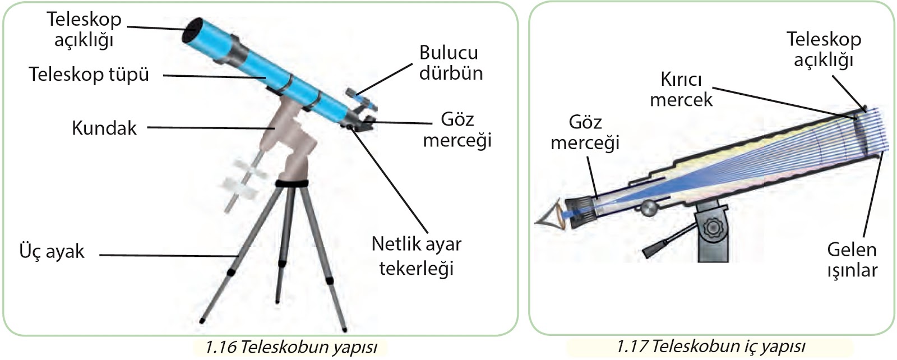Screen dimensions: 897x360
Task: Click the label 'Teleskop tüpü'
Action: [89, 74]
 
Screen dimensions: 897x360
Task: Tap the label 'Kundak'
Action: [104, 128]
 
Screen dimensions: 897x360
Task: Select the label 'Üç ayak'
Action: [52, 251]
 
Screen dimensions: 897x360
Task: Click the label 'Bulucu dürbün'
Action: [450, 62]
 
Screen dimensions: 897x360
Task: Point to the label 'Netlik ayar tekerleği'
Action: [416, 256]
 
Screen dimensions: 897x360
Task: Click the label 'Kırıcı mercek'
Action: [681, 89]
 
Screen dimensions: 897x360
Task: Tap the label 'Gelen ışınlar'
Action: [852, 259]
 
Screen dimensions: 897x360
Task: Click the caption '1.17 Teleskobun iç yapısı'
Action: [710, 346]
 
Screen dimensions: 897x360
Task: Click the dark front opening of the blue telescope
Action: [192, 31]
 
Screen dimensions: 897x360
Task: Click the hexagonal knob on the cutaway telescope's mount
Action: [713, 228]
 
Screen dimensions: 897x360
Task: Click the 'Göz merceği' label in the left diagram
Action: [457, 129]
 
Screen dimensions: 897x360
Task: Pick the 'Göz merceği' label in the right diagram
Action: [585, 132]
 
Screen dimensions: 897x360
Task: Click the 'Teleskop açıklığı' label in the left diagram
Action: [84, 29]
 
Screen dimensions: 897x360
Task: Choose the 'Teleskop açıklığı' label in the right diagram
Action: [824, 49]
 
